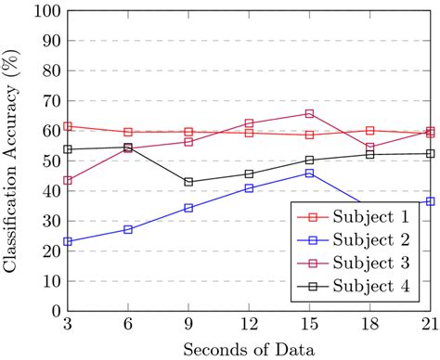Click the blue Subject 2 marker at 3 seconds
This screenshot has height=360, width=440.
tap(68, 241)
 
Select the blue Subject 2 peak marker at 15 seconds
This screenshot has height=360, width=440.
tap(309, 174)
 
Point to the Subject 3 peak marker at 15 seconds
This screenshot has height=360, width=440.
tap(309, 113)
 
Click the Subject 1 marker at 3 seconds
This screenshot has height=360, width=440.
tap(68, 126)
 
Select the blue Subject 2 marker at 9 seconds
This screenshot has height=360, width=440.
tap(188, 208)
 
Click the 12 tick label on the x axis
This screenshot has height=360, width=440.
tap(249, 325)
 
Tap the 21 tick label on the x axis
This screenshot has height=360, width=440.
tap(429, 325)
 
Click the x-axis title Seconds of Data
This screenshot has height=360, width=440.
tap(248, 348)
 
